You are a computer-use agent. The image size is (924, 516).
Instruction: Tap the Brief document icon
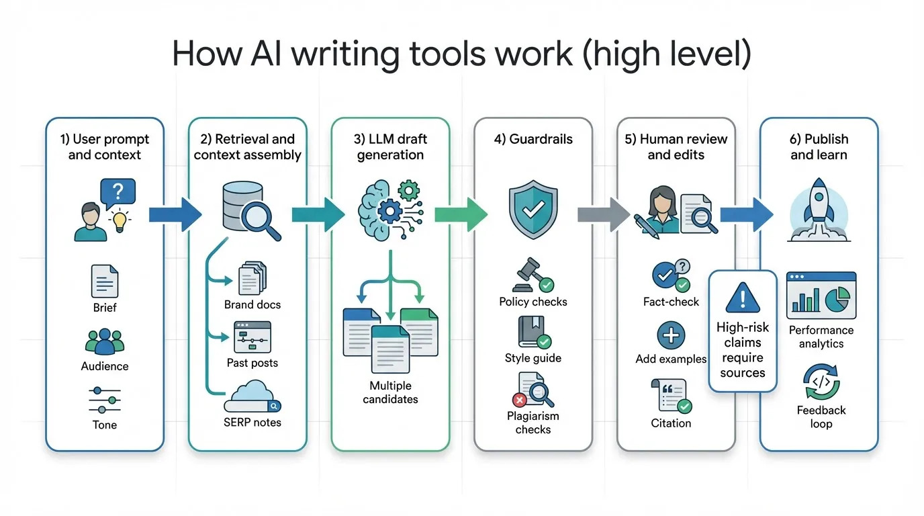105,281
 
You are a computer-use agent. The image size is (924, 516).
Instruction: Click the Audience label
105,366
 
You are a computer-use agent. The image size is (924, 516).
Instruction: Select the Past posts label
252,363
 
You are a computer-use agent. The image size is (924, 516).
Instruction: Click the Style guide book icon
533,333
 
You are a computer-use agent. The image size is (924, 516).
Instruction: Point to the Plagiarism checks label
533,423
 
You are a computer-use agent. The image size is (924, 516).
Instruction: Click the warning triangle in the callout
742,296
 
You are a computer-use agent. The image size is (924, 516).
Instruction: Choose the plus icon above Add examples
670,335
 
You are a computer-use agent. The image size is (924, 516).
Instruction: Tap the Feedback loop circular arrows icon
821,382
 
